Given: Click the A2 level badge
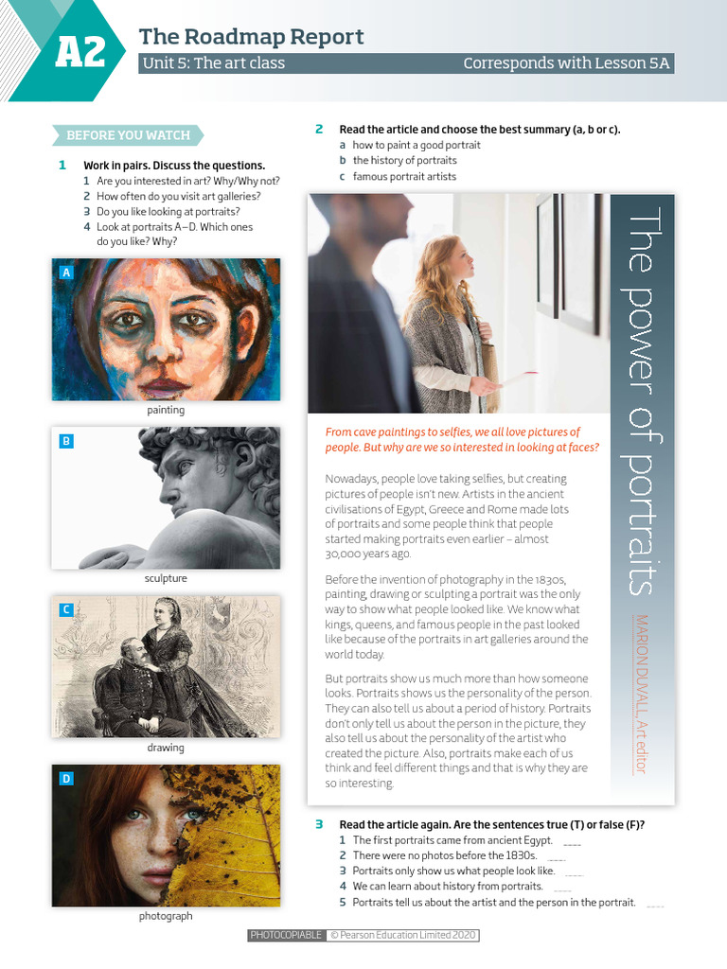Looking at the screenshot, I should point(79,52).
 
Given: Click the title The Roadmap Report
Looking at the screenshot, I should point(251,37).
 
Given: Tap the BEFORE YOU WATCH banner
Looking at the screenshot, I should point(128,135).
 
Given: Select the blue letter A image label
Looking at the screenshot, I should point(65,273).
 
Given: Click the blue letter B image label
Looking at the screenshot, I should point(65,441).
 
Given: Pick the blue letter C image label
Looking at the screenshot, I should point(65,610).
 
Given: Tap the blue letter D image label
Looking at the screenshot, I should point(65,779).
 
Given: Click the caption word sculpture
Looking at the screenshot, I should point(166,578).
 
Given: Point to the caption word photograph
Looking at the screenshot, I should point(166,916).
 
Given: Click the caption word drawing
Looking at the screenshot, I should point(166,748).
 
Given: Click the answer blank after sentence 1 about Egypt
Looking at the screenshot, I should point(572,841).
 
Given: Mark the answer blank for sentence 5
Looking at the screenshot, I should point(655,904).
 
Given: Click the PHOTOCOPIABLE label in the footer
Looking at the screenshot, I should point(286,936).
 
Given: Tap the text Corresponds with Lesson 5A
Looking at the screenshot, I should point(566,63).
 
